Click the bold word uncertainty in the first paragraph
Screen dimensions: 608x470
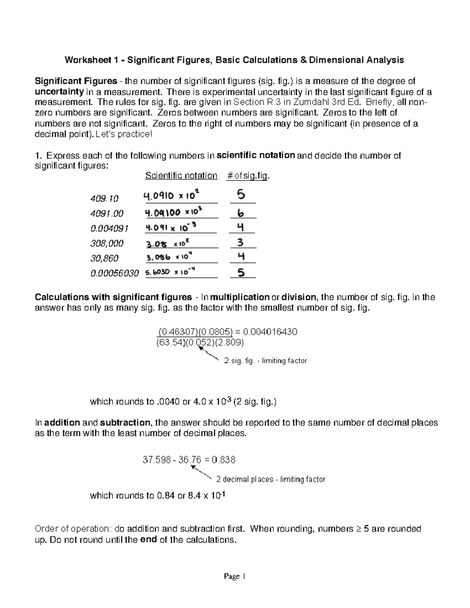(x=59, y=92)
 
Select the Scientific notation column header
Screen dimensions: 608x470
(x=181, y=175)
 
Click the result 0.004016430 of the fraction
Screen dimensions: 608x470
(x=270, y=332)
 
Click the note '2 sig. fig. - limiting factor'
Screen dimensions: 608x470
(x=265, y=361)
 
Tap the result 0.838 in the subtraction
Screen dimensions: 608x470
(x=224, y=460)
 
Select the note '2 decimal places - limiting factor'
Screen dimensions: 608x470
(x=271, y=479)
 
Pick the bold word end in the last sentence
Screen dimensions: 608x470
(x=148, y=539)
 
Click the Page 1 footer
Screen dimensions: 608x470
(x=234, y=576)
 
